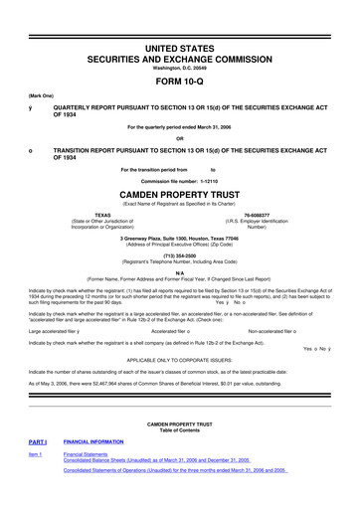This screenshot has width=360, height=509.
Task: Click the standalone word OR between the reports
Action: [x=179, y=138]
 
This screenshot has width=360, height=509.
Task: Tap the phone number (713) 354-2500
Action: [x=179, y=253]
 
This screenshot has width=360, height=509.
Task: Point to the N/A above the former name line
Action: [x=179, y=271]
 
